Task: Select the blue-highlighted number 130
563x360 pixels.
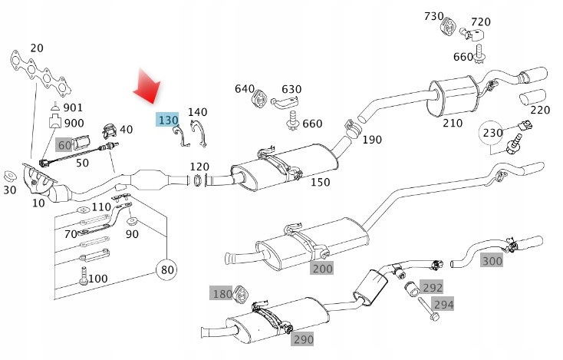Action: click(x=168, y=121)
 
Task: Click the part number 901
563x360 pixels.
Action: click(x=74, y=107)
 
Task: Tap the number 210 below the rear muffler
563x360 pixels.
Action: click(x=452, y=122)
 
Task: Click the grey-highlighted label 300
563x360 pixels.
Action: click(x=492, y=261)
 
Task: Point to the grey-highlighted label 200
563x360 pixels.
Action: click(x=322, y=268)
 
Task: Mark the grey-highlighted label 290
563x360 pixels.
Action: click(x=302, y=339)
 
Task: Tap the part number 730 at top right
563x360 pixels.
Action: click(x=434, y=16)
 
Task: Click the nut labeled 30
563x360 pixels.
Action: click(x=12, y=173)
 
